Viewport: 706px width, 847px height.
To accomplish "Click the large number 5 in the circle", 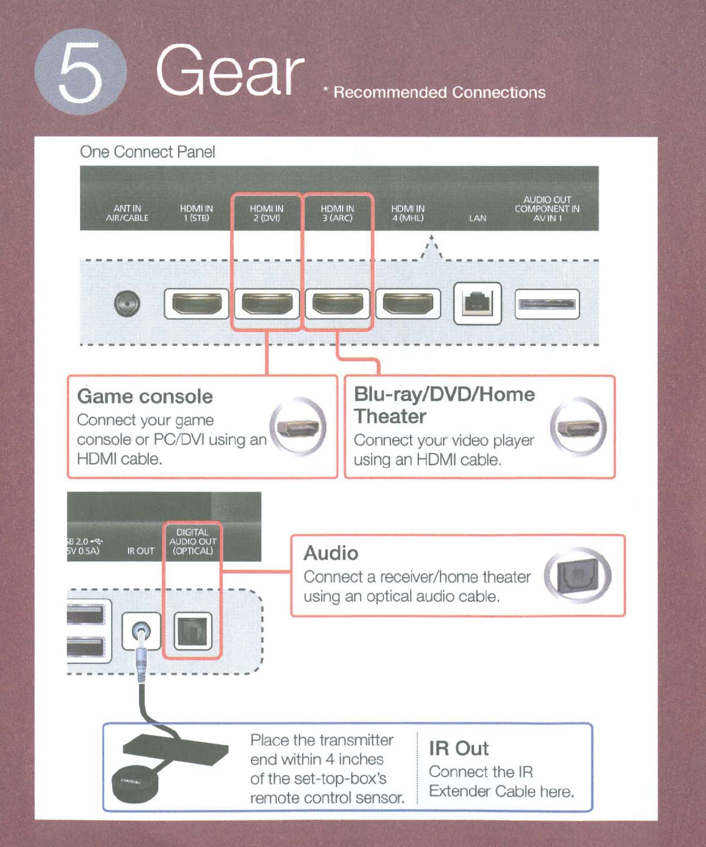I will (80, 72).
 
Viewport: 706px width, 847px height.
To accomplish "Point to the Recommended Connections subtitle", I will (439, 92).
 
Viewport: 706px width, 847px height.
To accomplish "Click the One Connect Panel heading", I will (147, 152).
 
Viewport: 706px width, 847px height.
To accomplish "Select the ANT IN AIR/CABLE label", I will (127, 213).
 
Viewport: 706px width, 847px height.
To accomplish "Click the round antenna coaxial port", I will (127, 304).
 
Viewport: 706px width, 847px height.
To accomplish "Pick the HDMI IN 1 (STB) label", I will (196, 213).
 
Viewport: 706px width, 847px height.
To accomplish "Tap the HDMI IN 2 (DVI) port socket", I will (267, 304).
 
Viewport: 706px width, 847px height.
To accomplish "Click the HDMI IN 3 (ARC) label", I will (337, 213).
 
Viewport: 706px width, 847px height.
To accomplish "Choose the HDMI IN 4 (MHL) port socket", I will (408, 304).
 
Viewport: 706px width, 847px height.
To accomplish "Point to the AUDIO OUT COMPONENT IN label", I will (547, 209).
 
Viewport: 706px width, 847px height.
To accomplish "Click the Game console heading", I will (145, 396).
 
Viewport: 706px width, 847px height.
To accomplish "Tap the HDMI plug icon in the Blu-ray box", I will (578, 427).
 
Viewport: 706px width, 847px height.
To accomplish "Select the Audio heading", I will (331, 553).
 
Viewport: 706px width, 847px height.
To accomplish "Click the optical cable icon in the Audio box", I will (577, 575).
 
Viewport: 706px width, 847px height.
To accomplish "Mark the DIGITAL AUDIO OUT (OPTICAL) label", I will (193, 542).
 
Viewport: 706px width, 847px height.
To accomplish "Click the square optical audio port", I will (193, 631).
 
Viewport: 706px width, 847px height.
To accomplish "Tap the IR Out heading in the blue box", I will (459, 748).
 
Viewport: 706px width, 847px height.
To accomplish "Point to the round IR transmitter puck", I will (134, 784).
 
